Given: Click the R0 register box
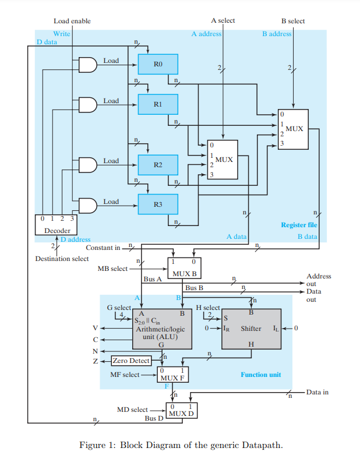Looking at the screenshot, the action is (x=158, y=64).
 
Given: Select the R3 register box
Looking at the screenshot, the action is (x=158, y=204).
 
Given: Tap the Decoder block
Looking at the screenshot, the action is (x=57, y=225).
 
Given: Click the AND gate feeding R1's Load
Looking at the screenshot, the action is (x=88, y=105).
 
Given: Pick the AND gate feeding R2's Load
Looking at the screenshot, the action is (x=88, y=165).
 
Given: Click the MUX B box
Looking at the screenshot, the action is (x=184, y=268).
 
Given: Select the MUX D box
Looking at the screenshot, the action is (x=182, y=410).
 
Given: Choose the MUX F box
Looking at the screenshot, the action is (x=172, y=375).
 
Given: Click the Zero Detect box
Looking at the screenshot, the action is (x=132, y=361).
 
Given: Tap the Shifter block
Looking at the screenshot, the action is (x=251, y=329).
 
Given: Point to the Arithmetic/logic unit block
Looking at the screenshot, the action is (x=162, y=329).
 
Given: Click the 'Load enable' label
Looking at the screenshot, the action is (x=72, y=21).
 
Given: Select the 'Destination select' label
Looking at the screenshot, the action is (x=62, y=259).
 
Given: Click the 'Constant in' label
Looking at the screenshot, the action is (x=103, y=248).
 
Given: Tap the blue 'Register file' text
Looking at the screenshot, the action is (x=299, y=225).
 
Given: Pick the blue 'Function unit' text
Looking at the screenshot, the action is (x=261, y=375).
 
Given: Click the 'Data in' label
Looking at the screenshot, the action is (x=317, y=392).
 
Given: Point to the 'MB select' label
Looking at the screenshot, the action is (x=112, y=269).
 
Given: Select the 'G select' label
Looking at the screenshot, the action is (x=119, y=308).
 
